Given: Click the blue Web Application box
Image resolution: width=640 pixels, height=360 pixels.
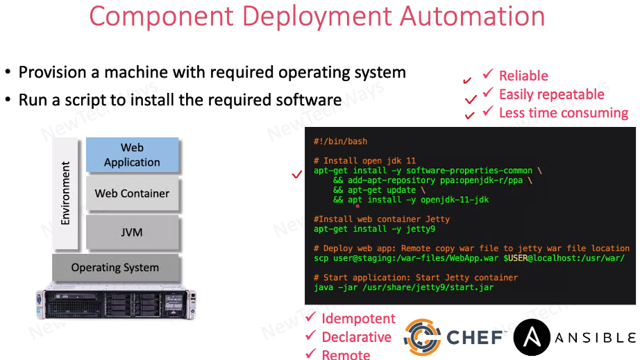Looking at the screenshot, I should pos(132,155).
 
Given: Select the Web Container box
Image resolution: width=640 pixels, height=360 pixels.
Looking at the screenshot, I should pos(132,194).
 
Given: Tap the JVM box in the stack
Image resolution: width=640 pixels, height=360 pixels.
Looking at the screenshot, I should pos(132,232).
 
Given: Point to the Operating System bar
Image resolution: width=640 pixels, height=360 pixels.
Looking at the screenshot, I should pos(115,267).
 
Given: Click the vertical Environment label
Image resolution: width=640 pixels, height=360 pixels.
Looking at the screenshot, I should pos(66,193).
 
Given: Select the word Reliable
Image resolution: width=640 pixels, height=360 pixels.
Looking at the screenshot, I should pos(523,76).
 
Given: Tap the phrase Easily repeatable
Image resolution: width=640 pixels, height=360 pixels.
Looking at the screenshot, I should pos(551,94).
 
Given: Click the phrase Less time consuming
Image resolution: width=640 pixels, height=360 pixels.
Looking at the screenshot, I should pos(563,112).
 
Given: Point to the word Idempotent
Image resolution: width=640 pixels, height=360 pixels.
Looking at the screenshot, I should pos(358,319).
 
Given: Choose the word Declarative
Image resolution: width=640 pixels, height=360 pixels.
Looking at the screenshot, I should pos(356,337).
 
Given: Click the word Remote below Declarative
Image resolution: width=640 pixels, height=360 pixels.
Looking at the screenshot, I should pos(346,354).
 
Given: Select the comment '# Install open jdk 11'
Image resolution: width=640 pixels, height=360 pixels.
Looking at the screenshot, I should pos(364,160).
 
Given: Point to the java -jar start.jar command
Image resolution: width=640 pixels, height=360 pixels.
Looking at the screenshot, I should pos(403,286).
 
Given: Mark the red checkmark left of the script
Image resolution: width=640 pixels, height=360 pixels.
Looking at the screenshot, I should pos(297,175).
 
